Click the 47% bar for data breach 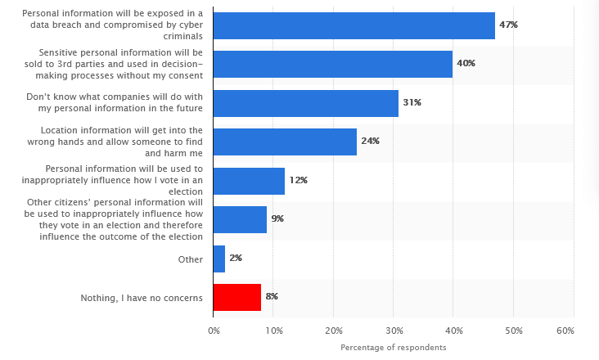(354, 25)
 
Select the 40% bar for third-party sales (332, 64)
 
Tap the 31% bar (305, 103)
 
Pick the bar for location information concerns (285, 142)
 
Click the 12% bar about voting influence (249, 181)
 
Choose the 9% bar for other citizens (240, 219)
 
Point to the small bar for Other (219, 259)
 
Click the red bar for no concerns (237, 297)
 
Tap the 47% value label (508, 25)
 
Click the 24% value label (370, 142)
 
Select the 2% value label (236, 259)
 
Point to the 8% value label (272, 297)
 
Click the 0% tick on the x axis (214, 331)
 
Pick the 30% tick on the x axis (394, 331)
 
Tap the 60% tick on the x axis (565, 331)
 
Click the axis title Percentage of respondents (394, 348)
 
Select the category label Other (191, 259)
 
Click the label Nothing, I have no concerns (142, 298)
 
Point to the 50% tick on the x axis (513, 331)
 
